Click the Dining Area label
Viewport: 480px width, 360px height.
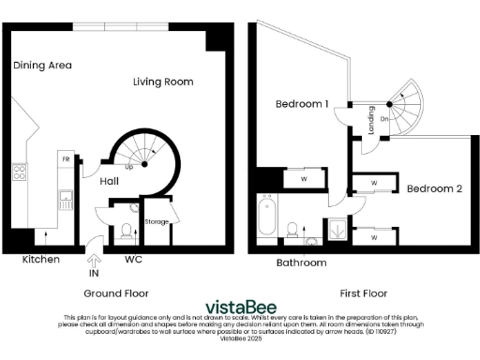pyautogui.click(x=42, y=66)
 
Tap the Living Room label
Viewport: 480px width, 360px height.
pyautogui.click(x=164, y=82)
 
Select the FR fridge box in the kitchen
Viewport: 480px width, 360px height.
pyautogui.click(x=66, y=159)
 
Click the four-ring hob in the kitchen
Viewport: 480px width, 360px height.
pyautogui.click(x=19, y=172)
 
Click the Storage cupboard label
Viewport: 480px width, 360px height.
pyautogui.click(x=156, y=222)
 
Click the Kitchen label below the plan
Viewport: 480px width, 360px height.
pyautogui.click(x=40, y=259)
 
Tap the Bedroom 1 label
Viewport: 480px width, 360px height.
pyautogui.click(x=301, y=104)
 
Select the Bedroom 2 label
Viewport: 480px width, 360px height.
pyautogui.click(x=434, y=188)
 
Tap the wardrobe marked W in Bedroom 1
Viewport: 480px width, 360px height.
pyautogui.click(x=303, y=177)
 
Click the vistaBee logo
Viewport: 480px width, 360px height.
pyautogui.click(x=239, y=305)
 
